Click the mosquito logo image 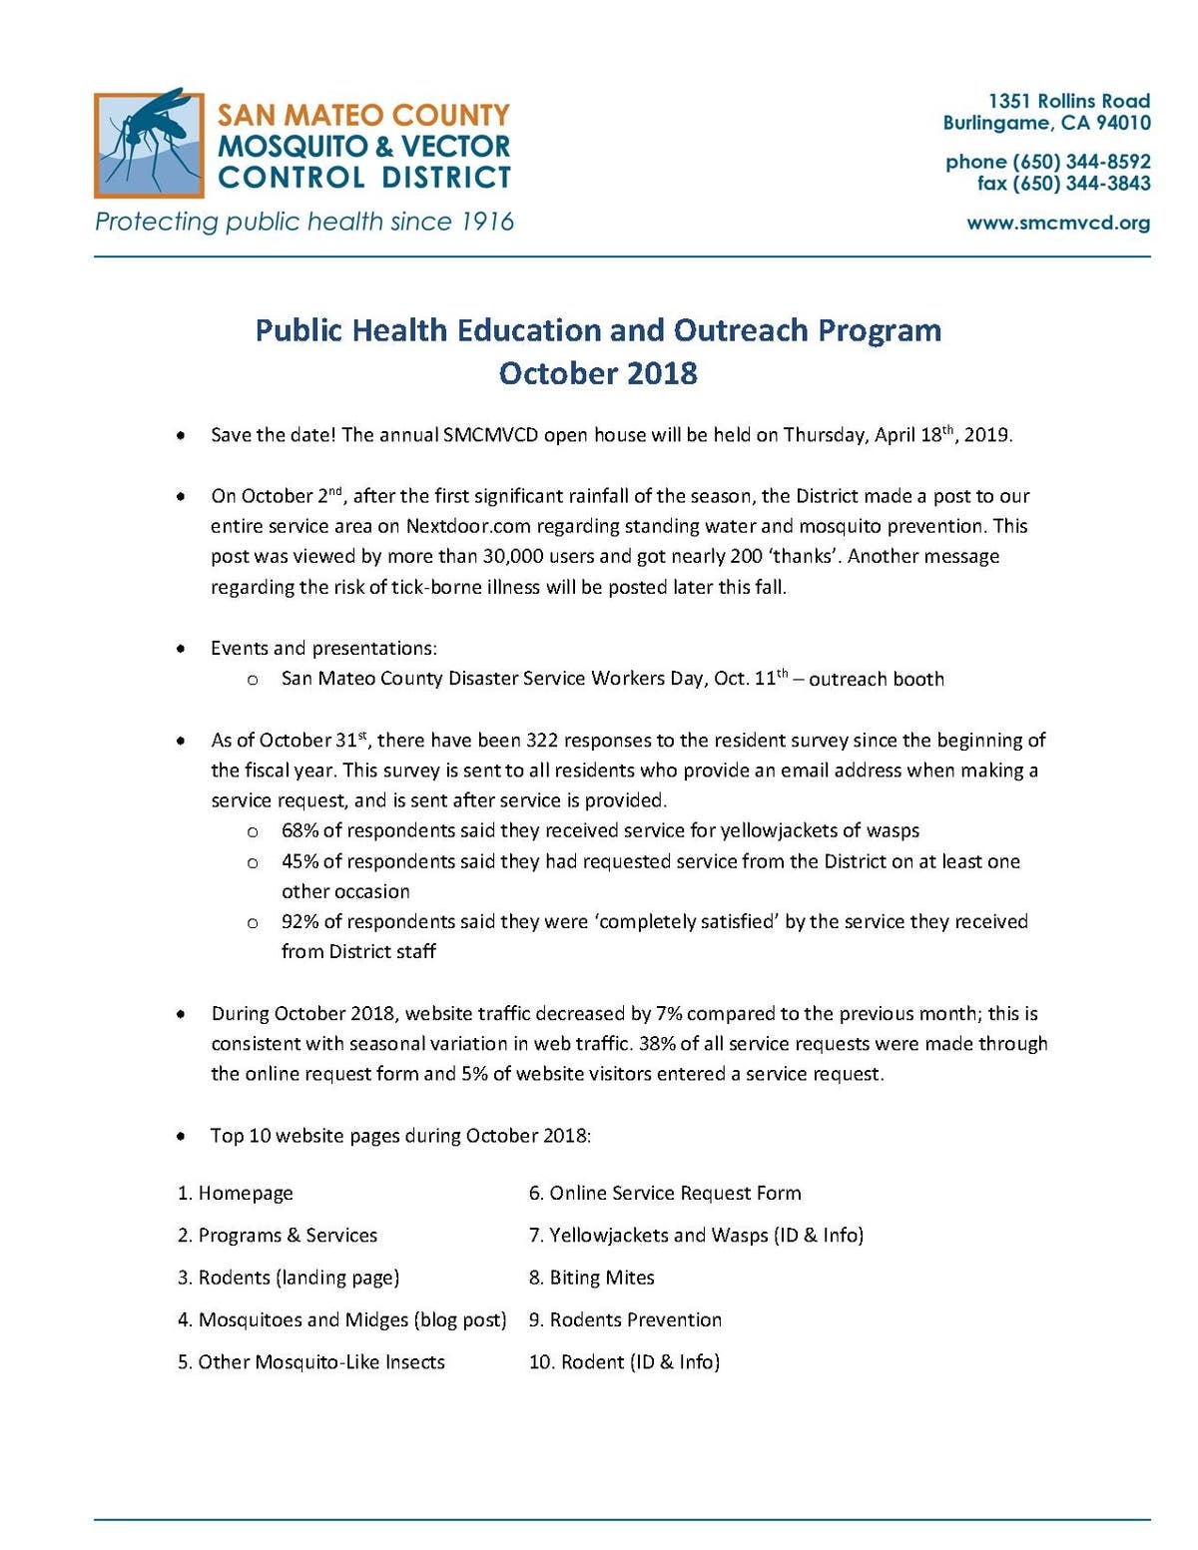[149, 144]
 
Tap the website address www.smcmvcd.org [1057, 223]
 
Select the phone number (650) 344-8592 [1081, 162]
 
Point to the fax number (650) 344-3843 [1081, 184]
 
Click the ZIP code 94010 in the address [1123, 123]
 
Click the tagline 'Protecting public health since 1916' [304, 222]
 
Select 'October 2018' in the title [598, 373]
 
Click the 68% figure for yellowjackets [299, 830]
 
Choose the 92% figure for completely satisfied [299, 921]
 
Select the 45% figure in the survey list [299, 861]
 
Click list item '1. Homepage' [236, 1194]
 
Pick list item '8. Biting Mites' [591, 1278]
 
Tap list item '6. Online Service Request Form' [665, 1194]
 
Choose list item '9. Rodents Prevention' [625, 1319]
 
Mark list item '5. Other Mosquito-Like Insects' [311, 1362]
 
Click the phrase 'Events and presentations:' [323, 649]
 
